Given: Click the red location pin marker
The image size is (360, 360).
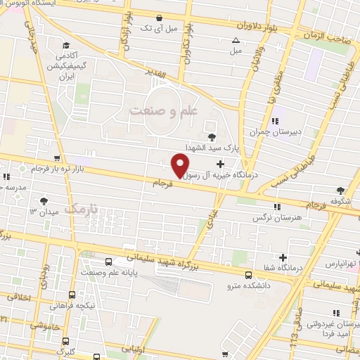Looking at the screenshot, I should pos(180,165).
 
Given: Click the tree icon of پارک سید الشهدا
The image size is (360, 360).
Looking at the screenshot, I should pos(212,136).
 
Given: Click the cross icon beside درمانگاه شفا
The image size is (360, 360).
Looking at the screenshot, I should pos(283,257).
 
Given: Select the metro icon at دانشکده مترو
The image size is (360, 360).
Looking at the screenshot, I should pos(248,275).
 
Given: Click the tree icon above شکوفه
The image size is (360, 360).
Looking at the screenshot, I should pos(341,189).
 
